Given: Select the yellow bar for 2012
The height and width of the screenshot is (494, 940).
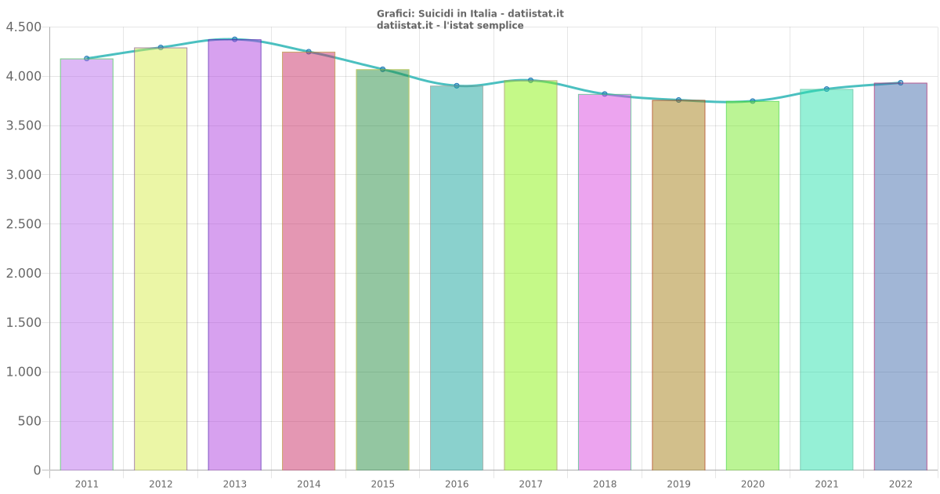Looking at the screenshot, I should [x=161, y=259].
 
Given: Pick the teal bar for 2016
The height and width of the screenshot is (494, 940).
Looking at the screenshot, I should [x=457, y=278].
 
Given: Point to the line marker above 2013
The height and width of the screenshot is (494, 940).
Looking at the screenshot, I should [x=234, y=39].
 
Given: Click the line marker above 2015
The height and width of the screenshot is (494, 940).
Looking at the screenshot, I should [x=382, y=69].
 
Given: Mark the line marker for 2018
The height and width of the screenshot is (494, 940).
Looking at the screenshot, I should [x=605, y=94].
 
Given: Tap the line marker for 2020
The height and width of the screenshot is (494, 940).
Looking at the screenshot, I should [x=753, y=101].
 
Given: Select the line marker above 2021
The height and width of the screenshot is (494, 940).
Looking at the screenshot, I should [x=826, y=89].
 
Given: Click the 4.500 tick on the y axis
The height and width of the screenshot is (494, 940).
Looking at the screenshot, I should [x=23, y=27].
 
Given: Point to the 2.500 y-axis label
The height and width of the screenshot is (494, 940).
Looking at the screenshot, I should [x=23, y=224].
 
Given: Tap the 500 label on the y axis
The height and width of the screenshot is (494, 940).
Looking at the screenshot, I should [x=29, y=422].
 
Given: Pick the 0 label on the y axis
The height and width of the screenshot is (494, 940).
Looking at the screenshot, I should [x=37, y=470].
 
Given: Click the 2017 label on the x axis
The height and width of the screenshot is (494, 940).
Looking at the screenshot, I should [x=530, y=484].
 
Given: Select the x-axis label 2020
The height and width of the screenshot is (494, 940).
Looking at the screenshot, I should [x=753, y=484].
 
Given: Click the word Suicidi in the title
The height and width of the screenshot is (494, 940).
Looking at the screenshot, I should [x=434, y=13].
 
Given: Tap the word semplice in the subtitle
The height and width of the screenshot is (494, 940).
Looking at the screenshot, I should [x=501, y=26].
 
